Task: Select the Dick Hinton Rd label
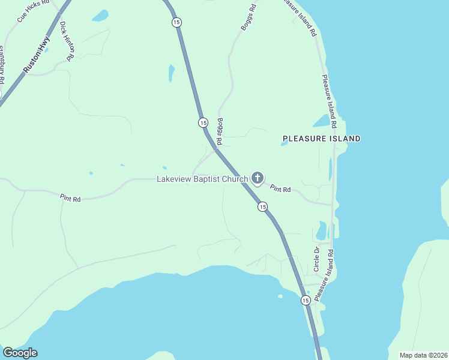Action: (66, 40)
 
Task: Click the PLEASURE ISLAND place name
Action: (322, 139)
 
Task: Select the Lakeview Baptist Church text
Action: (202, 179)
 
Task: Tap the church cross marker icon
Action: (258, 178)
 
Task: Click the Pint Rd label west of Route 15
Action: (70, 197)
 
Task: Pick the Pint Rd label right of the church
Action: (280, 189)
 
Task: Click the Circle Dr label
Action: (318, 258)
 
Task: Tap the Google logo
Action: (20, 353)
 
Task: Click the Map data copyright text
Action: (423, 355)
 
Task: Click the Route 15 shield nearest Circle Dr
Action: (306, 300)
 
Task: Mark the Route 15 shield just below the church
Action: (262, 206)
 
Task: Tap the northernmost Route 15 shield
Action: (175, 22)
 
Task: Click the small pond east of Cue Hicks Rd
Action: (100, 14)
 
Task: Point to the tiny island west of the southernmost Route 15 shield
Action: (280, 296)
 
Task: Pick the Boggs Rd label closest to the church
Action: (220, 131)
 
